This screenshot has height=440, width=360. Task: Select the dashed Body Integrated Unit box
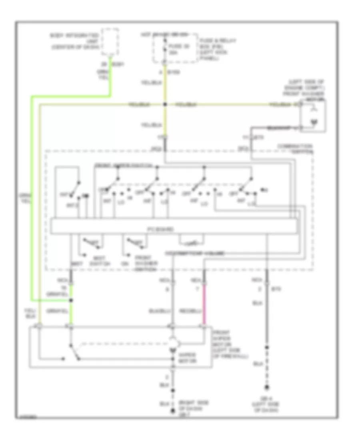pos(110,42)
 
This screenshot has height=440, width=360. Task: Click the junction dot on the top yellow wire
pos(165,105)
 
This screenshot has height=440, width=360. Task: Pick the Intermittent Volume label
pos(194,253)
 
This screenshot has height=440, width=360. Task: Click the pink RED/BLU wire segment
pos(204,304)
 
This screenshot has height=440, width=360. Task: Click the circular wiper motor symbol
pos(173,343)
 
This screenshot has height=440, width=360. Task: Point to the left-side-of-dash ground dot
pos(266,387)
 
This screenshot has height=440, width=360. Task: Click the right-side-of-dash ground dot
pos(173,411)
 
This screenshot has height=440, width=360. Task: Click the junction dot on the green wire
pos(71,300)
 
